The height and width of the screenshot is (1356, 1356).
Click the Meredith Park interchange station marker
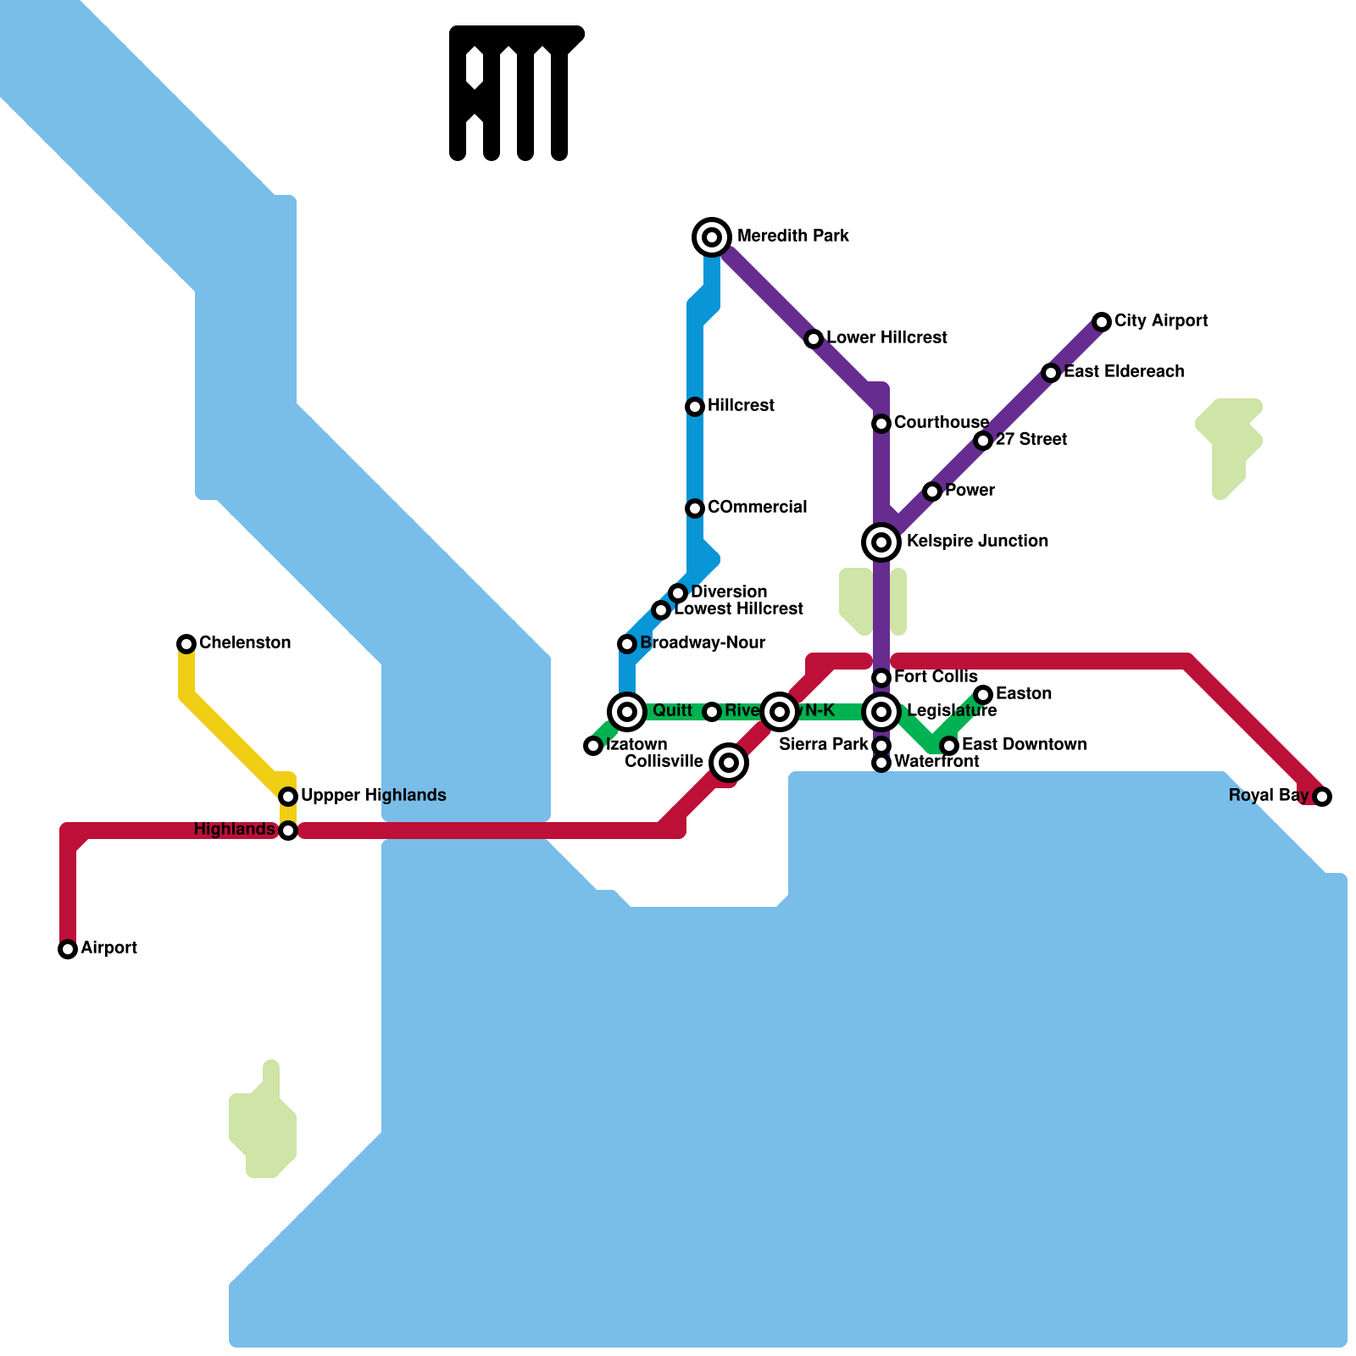pyautogui.click(x=712, y=236)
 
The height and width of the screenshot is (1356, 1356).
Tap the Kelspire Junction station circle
pyautogui.click(x=881, y=542)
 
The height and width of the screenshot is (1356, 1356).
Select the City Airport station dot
pyautogui.click(x=1102, y=321)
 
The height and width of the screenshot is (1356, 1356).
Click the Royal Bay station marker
pyautogui.click(x=1322, y=796)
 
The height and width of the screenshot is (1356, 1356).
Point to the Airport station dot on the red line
pyautogui.click(x=68, y=949)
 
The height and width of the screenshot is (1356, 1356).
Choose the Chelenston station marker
pyautogui.click(x=186, y=644)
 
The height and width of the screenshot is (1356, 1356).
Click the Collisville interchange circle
pyautogui.click(x=729, y=763)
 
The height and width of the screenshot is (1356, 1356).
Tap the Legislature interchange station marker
pyautogui.click(x=881, y=712)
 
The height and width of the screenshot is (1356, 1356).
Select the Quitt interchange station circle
pyautogui.click(x=627, y=712)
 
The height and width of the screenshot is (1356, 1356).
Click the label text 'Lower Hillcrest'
pyautogui.click(x=886, y=337)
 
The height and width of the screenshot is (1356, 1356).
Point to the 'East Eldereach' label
pyautogui.click(x=1124, y=371)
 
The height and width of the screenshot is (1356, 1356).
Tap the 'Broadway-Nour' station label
pyautogui.click(x=703, y=642)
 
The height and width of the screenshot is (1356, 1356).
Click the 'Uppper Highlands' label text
pyautogui.click(x=373, y=795)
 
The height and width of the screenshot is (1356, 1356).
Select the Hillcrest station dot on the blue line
pyautogui.click(x=695, y=407)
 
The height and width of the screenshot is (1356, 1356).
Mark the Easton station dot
pyautogui.click(x=983, y=695)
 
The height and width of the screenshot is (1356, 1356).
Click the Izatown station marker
pyautogui.click(x=593, y=746)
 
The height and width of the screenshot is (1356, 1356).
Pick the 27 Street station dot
pyautogui.click(x=983, y=441)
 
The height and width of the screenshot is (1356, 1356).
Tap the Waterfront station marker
pyautogui.click(x=881, y=763)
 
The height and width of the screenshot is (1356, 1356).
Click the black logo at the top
pyautogui.click(x=515, y=93)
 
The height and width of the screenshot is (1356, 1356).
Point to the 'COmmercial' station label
pyautogui.click(x=757, y=507)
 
